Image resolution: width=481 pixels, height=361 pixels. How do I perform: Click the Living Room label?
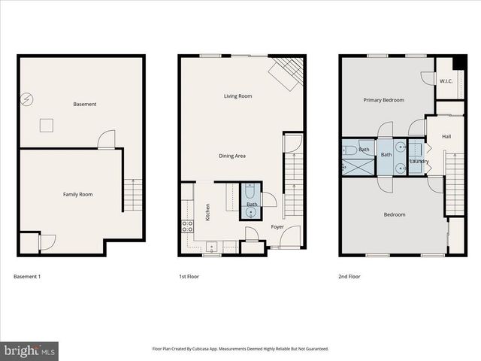[x=237, y=96]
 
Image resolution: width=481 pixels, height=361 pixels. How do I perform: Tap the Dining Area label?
[x=232, y=156]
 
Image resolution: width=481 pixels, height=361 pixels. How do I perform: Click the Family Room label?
[x=77, y=195]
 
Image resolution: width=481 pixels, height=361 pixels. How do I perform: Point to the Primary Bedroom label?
[x=383, y=100]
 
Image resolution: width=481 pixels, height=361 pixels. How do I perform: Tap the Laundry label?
[x=419, y=161]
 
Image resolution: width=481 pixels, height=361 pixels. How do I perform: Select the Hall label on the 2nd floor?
[x=446, y=136]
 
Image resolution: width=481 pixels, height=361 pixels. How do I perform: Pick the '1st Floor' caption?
[x=189, y=277]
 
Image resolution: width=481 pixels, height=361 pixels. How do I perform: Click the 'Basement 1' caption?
[x=27, y=277]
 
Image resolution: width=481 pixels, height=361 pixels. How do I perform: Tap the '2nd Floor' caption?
[x=349, y=277]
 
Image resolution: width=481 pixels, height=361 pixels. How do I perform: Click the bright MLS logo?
[x=29, y=350]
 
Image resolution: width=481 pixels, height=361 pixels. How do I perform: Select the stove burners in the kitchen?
[x=187, y=224]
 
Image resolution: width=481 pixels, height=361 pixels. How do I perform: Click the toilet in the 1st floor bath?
[x=250, y=193]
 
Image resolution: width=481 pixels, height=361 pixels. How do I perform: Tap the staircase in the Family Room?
[x=132, y=194]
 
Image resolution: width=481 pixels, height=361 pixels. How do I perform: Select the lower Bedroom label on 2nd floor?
[x=395, y=214]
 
